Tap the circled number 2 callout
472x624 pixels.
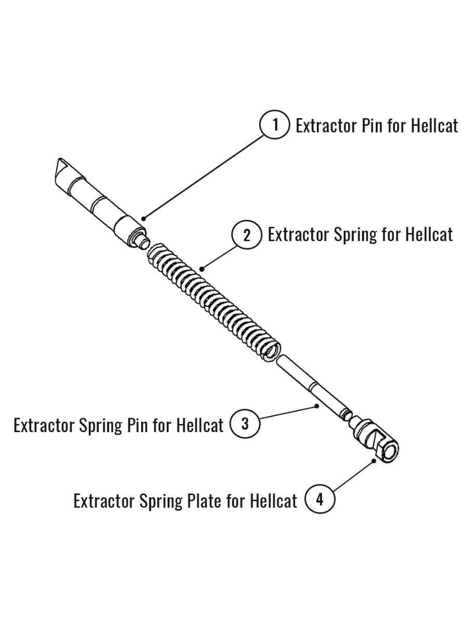pyautogui.click(x=247, y=235)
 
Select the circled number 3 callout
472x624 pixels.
pyautogui.click(x=245, y=424)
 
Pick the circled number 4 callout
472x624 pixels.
pyautogui.click(x=319, y=500)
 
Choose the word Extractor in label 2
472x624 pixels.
pyautogui.click(x=299, y=235)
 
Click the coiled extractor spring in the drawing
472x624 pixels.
pyautogui.click(x=213, y=302)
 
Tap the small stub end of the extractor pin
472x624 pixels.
pyautogui.click(x=140, y=240)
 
